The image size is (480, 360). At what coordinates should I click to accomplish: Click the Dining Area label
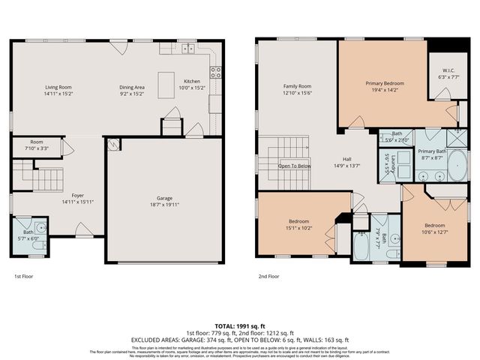[x=132, y=88]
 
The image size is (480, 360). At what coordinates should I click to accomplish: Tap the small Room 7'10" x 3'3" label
[x=37, y=142]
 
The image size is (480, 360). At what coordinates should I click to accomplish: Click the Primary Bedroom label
[x=385, y=82]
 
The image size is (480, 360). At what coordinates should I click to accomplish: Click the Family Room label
[x=296, y=86]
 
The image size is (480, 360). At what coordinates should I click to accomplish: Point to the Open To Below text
[x=295, y=166]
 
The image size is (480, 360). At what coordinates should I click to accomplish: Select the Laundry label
[x=387, y=163]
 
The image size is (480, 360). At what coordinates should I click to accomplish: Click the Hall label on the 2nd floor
[x=347, y=159]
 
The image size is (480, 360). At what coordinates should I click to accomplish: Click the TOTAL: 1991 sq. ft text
[x=240, y=326]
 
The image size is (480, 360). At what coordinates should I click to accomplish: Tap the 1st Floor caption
[x=23, y=276]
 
